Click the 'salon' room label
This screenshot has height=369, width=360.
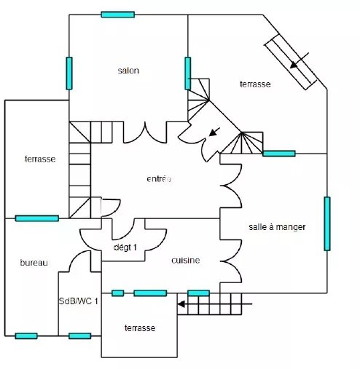coord(128,71)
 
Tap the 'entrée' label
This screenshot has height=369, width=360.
coord(159,179)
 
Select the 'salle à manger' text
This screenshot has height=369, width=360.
coord(277,227)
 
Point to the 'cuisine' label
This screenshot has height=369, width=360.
coord(186,261)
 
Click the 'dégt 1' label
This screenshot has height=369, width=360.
coord(125,247)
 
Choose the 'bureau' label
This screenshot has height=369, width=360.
coord(34,263)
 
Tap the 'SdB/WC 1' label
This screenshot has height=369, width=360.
coord(79,301)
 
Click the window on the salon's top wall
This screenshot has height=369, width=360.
coord(118,15)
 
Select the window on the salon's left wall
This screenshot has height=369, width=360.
coord(69,74)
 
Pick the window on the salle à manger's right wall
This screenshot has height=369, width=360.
coord(327,223)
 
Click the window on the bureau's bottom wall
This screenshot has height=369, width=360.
coord(26,336)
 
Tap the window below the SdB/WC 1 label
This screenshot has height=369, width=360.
coord(80,336)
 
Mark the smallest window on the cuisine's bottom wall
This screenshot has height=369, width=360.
coord(118,293)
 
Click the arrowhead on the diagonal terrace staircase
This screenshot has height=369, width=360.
coord(294,65)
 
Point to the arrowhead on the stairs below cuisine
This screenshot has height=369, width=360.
coord(181,304)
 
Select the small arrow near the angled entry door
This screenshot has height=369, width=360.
coord(214,132)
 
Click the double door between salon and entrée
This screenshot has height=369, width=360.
coord(145,132)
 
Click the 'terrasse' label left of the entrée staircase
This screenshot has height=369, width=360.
coord(40,159)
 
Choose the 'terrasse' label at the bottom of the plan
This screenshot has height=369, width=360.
coord(140,328)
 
